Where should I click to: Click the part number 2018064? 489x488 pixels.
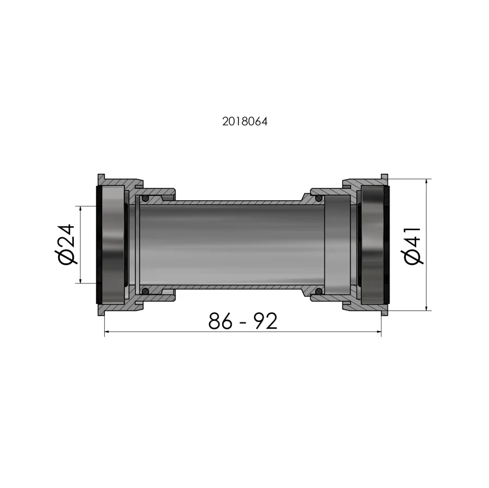245,122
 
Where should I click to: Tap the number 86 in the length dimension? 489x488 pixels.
220,321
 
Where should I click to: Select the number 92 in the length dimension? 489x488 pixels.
265,321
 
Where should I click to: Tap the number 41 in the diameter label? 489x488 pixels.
413,237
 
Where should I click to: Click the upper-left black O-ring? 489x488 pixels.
145,199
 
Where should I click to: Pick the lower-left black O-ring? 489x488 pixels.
145,291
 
